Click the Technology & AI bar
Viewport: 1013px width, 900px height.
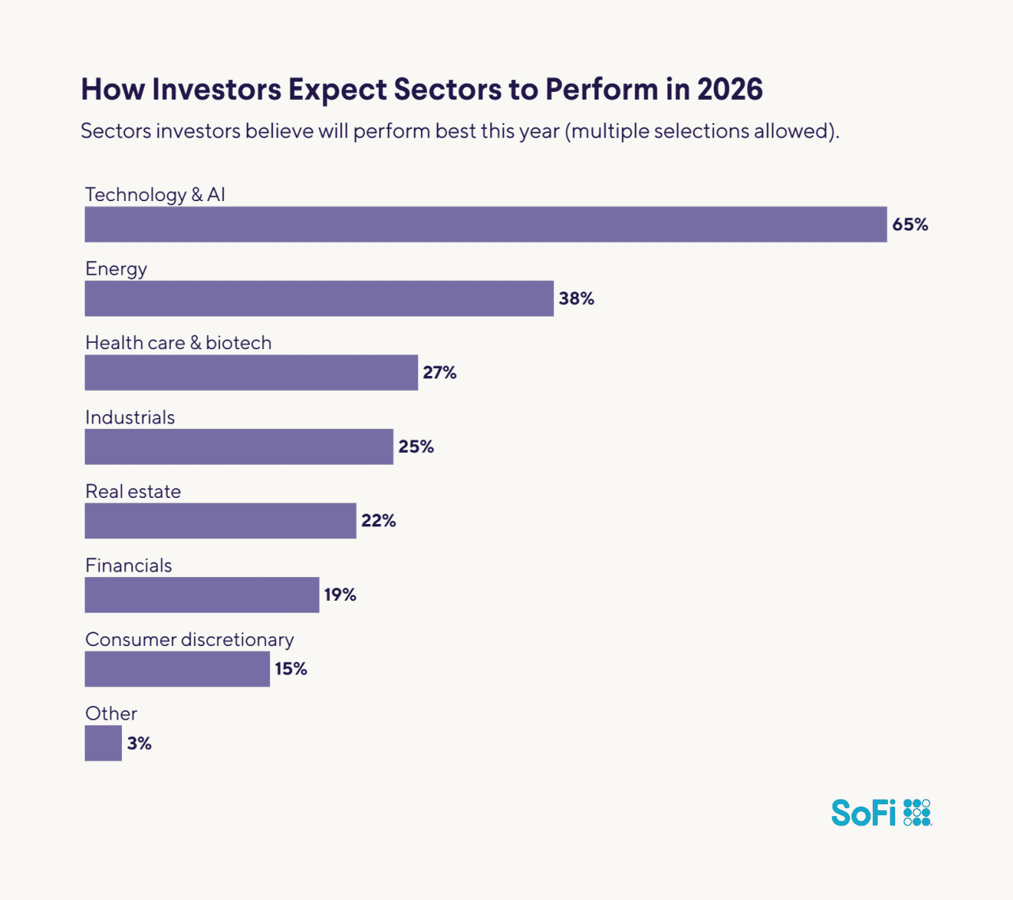point(485,224)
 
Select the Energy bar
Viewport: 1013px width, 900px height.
point(319,298)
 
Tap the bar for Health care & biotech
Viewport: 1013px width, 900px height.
point(251,372)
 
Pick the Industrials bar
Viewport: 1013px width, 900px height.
point(238,446)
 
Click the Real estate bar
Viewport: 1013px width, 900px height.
point(220,521)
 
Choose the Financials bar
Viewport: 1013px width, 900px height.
point(202,594)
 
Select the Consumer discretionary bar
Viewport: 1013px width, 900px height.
point(177,669)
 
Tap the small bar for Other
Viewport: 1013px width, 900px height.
point(103,743)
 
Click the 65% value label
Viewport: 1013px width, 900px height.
point(910,225)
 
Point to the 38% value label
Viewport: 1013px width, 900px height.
point(576,298)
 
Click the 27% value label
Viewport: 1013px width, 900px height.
point(439,373)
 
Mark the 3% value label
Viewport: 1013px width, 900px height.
point(139,743)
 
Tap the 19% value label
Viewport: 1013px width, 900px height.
point(340,595)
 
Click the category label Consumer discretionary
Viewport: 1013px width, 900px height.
point(189,640)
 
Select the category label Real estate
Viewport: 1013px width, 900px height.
point(133,492)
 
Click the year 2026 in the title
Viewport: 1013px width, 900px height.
point(730,89)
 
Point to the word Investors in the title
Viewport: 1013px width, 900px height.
point(216,89)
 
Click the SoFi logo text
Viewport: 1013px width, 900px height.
point(863,813)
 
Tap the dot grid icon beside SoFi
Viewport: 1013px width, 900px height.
point(917,813)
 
